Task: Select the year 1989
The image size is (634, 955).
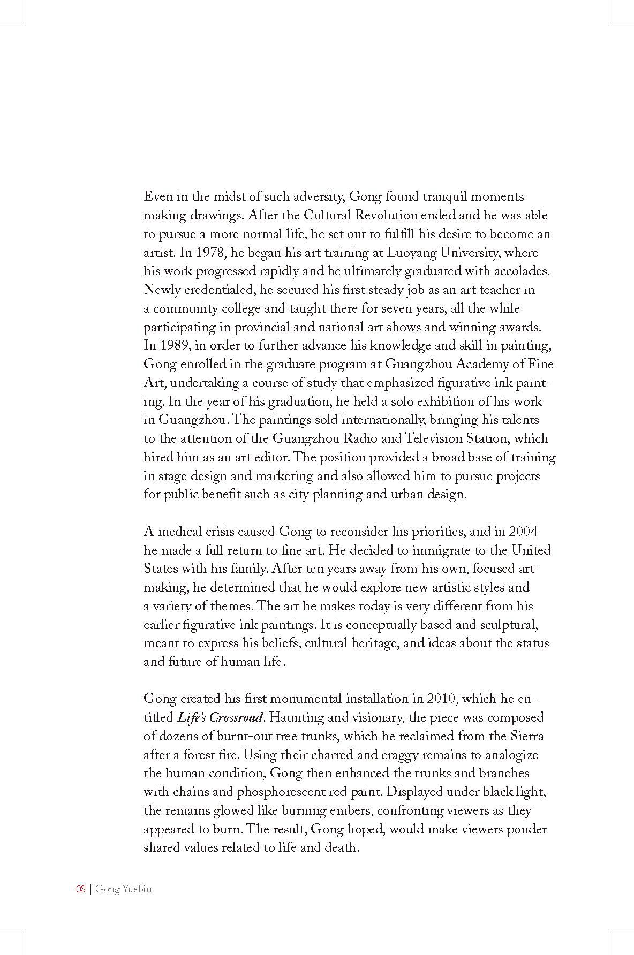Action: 171,345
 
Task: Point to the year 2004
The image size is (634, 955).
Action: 523,532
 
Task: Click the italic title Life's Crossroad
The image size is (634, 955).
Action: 220,717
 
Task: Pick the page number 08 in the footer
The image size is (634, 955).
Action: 81,889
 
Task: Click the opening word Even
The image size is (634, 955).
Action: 156,196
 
